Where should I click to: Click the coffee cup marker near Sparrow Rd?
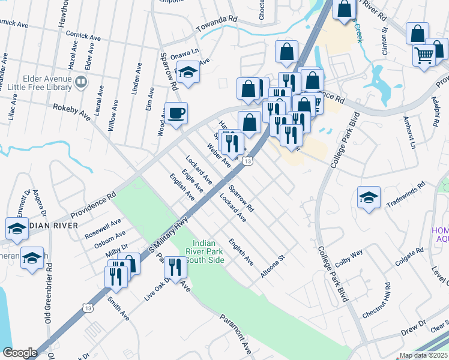[x=176, y=113]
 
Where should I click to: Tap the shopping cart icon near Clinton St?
[x=424, y=55]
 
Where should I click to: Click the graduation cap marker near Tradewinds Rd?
[x=369, y=197]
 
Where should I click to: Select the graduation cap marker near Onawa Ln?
[x=188, y=74]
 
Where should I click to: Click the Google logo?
[x=20, y=353]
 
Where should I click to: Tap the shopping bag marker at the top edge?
[x=345, y=10]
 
